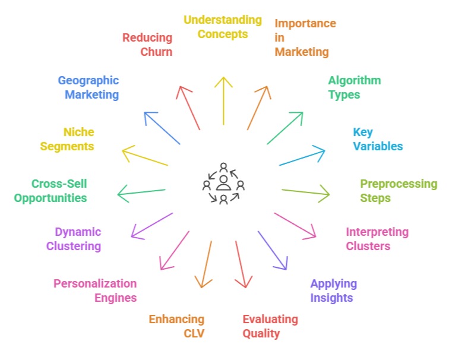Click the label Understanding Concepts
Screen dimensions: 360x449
click(223, 27)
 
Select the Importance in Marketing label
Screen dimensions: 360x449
click(304, 37)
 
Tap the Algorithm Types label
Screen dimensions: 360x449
click(354, 87)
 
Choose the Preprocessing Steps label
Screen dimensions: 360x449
click(398, 191)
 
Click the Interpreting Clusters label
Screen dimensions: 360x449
click(377, 239)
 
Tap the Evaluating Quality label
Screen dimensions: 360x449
click(270, 326)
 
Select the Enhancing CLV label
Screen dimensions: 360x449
click(176, 326)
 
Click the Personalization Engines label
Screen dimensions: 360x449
click(95, 290)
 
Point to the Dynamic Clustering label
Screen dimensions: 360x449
click(78, 239)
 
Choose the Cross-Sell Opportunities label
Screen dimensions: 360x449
click(50, 191)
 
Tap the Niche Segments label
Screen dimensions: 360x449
click(67, 139)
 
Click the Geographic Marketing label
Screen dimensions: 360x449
click(88, 87)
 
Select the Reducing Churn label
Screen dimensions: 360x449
click(147, 45)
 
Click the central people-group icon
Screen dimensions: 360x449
click(223, 183)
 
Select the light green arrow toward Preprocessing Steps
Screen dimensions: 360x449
click(305, 191)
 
